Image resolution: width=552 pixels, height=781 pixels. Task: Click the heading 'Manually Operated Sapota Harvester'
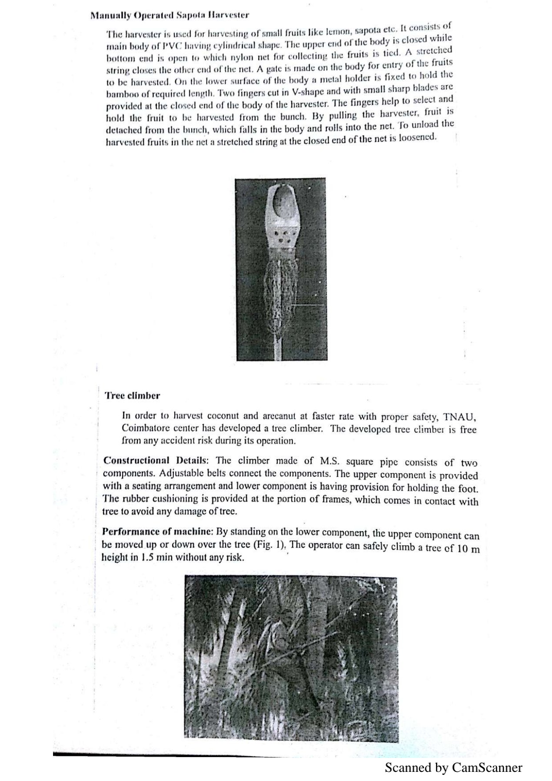point(170,15)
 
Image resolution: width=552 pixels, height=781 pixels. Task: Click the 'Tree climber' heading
point(132,395)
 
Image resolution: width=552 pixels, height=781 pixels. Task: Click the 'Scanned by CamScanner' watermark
point(453,767)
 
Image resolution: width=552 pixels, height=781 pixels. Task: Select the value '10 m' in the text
point(469,548)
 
